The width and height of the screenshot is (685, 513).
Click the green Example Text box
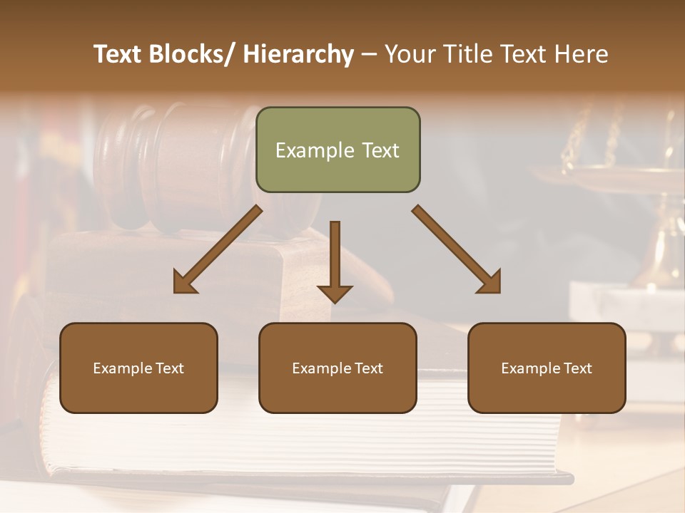[x=338, y=150]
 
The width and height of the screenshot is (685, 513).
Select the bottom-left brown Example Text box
[x=138, y=368]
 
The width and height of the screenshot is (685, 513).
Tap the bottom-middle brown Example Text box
[x=338, y=368]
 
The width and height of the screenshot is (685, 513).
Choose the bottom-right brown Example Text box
[x=547, y=368]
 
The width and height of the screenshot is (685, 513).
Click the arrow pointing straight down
[x=335, y=260]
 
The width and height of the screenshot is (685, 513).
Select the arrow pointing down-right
[x=457, y=249]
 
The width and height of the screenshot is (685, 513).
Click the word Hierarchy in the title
[x=298, y=54]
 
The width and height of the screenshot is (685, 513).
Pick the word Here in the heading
[x=581, y=54]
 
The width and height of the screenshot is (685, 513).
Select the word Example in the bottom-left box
[x=123, y=368]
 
